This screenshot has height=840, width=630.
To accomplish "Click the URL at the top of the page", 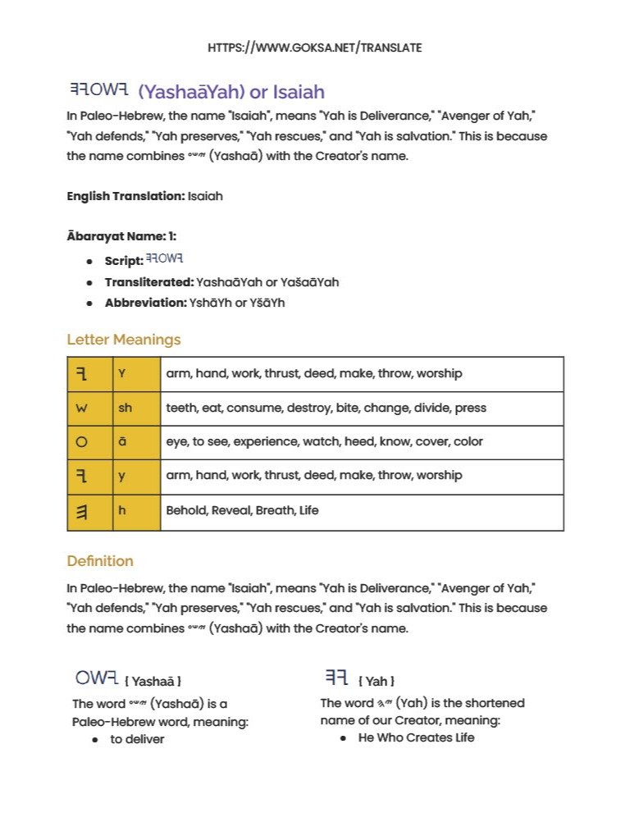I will point(315,48).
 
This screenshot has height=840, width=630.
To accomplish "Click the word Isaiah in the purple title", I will point(299,92).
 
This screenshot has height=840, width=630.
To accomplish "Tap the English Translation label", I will point(126,197).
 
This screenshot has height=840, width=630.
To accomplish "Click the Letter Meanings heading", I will point(124,340).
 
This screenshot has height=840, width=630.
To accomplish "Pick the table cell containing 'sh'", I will point(136,409).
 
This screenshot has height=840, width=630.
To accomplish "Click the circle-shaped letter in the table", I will point(81,442).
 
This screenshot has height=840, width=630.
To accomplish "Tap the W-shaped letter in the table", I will point(81,409).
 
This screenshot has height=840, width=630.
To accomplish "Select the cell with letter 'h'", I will point(136,510).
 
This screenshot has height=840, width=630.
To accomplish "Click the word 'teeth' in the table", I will point(181,409).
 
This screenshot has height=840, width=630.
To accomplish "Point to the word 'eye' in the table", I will point(176,442).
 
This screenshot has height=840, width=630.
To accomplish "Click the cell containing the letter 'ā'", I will point(136,442).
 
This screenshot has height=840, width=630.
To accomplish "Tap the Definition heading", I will point(100,561).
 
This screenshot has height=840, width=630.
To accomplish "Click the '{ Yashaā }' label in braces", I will point(153,682).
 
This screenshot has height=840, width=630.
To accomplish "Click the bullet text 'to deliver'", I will point(138,739).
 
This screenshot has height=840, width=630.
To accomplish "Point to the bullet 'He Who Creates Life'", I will point(416,737).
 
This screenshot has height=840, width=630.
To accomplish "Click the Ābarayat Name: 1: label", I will point(121,236).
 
